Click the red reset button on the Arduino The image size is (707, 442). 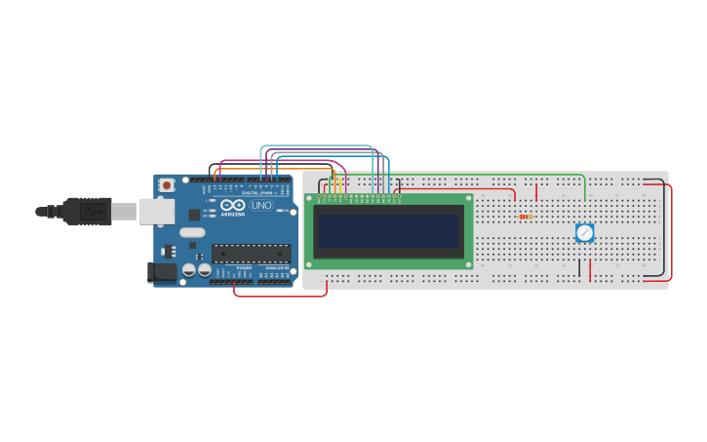click(x=167, y=184)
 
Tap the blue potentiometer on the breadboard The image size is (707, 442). click(x=584, y=232)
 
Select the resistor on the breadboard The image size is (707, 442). click(x=526, y=217)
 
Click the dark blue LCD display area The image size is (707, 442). click(x=388, y=231)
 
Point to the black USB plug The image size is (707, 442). click(x=86, y=211)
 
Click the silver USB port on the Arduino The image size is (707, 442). click(x=156, y=211)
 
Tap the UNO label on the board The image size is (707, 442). click(x=261, y=205)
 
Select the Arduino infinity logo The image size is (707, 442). click(x=232, y=205)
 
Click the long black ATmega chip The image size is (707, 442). click(x=251, y=253)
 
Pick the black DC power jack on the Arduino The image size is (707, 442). click(x=162, y=272)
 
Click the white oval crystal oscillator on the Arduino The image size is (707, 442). click(x=193, y=232)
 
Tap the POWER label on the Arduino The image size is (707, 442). click(x=244, y=267)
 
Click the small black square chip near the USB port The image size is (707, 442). click(x=194, y=214)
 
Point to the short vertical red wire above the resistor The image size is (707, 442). click(x=535, y=192)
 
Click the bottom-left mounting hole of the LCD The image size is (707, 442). click(x=309, y=263)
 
